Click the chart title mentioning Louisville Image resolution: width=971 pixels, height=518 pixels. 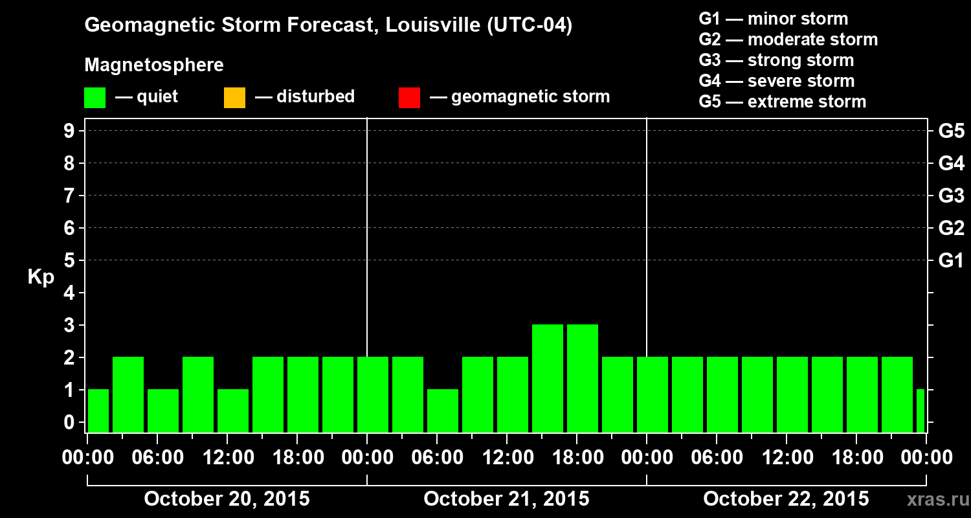328,26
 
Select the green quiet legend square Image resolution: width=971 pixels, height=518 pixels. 95,98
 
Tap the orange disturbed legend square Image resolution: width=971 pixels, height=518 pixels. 234,98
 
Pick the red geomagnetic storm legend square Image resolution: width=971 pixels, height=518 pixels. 409,98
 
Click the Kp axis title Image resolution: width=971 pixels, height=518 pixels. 41,277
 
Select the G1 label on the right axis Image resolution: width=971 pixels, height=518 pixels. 951,261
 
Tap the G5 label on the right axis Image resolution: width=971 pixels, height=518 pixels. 951,131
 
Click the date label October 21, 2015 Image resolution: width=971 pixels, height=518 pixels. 506,499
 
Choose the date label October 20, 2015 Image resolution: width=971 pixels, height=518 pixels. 227,499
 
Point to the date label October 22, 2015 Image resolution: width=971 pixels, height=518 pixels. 786,499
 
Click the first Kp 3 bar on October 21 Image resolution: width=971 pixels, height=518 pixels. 547,378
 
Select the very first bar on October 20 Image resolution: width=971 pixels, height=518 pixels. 98,411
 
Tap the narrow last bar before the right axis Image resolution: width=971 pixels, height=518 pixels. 921,411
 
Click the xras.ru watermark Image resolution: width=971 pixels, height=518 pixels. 933,500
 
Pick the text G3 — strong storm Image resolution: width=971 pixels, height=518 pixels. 776,60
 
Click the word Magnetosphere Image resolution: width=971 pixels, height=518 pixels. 154,65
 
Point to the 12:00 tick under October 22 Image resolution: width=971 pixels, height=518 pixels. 786,458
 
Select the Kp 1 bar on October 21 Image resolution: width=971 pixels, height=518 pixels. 442,411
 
